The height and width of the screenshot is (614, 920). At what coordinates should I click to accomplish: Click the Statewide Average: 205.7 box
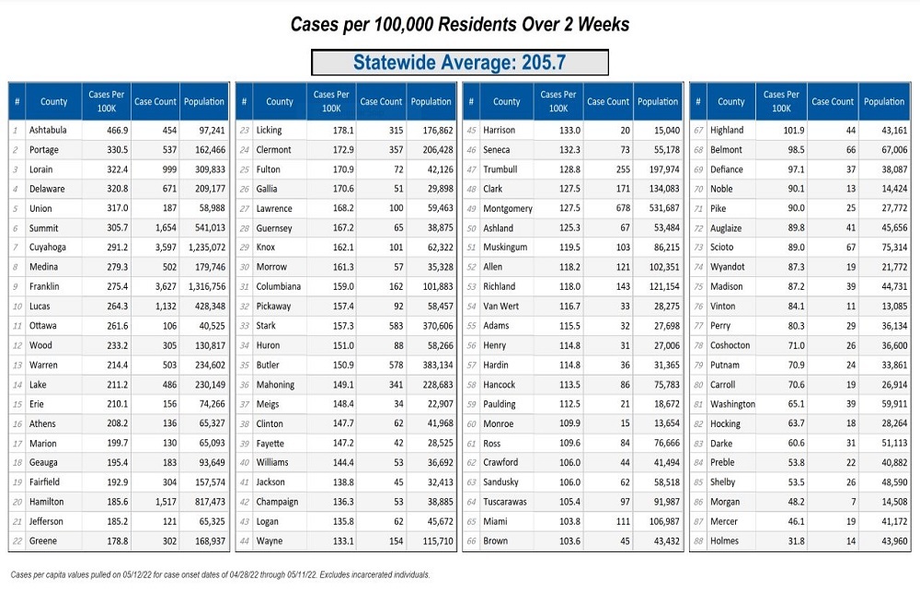tap(460, 63)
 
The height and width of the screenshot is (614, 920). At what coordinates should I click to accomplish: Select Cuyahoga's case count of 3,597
tap(155, 248)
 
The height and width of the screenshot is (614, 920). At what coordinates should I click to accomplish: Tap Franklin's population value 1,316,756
tap(205, 286)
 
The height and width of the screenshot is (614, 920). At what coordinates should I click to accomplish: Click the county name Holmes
tap(724, 540)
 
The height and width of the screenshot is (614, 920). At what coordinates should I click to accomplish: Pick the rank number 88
tap(698, 540)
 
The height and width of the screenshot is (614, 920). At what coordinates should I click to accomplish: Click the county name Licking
tap(269, 130)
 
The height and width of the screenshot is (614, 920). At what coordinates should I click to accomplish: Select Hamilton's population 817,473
tap(205, 502)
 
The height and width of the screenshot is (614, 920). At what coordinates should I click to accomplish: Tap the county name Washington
tap(732, 404)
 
